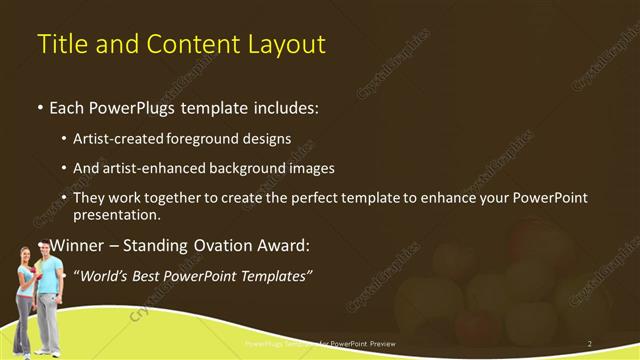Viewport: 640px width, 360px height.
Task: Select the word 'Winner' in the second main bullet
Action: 77,245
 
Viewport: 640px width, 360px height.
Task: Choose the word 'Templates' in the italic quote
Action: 273,275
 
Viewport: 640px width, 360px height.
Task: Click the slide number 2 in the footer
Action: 590,343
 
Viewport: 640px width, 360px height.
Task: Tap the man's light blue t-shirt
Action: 47,275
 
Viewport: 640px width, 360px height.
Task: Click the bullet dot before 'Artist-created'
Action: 65,139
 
